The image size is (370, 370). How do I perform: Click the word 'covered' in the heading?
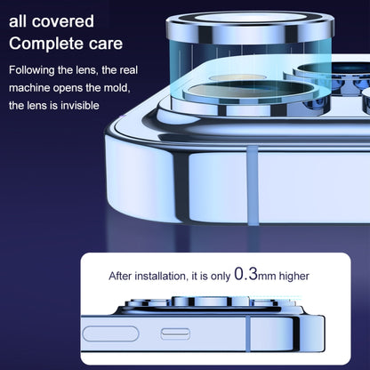tap(63, 21)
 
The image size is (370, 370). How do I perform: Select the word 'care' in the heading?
tap(106, 44)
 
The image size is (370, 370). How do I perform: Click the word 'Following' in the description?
tap(32, 70)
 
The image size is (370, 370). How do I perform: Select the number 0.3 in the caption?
tap(245, 274)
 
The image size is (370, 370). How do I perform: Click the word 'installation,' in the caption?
tap(161, 276)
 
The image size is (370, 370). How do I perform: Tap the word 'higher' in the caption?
tap(294, 276)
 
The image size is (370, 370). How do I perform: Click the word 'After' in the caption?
tap(120, 276)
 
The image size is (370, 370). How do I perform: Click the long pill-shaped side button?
tap(110, 334)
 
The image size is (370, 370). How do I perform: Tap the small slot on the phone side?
tap(175, 334)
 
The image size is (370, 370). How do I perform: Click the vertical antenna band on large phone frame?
tap(252, 185)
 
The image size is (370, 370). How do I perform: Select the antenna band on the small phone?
tap(248, 334)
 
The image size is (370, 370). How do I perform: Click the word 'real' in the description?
tap(129, 70)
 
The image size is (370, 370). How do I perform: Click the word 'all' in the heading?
tap(18, 21)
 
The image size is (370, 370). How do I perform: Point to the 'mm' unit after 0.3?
tap(267, 277)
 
